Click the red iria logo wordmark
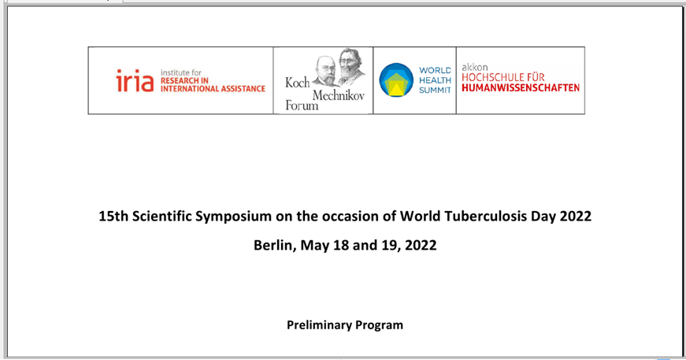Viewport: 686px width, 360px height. tap(135, 80)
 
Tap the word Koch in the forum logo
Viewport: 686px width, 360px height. tap(297, 83)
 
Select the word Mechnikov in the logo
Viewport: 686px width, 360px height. tap(338, 95)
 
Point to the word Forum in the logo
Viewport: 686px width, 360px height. tap(302, 106)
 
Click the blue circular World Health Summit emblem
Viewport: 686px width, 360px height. tap(396, 80)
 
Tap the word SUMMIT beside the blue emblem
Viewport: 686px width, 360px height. tap(435, 90)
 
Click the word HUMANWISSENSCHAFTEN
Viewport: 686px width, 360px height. tap(521, 88)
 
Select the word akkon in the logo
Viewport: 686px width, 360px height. tap(475, 68)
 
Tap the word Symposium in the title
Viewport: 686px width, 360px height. tap(233, 217)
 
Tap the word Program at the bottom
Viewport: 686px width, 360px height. tap(379, 326)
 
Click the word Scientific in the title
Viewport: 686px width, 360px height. tap(161, 216)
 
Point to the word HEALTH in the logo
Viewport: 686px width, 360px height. tap(435, 80)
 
